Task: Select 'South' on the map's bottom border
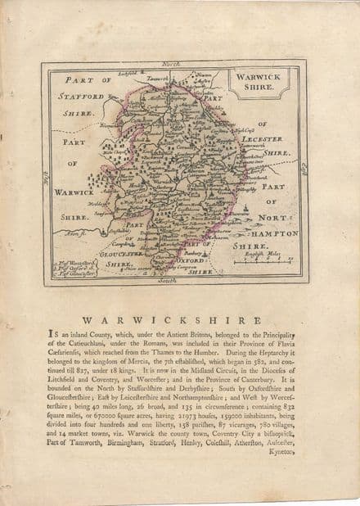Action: [x=169, y=280]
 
